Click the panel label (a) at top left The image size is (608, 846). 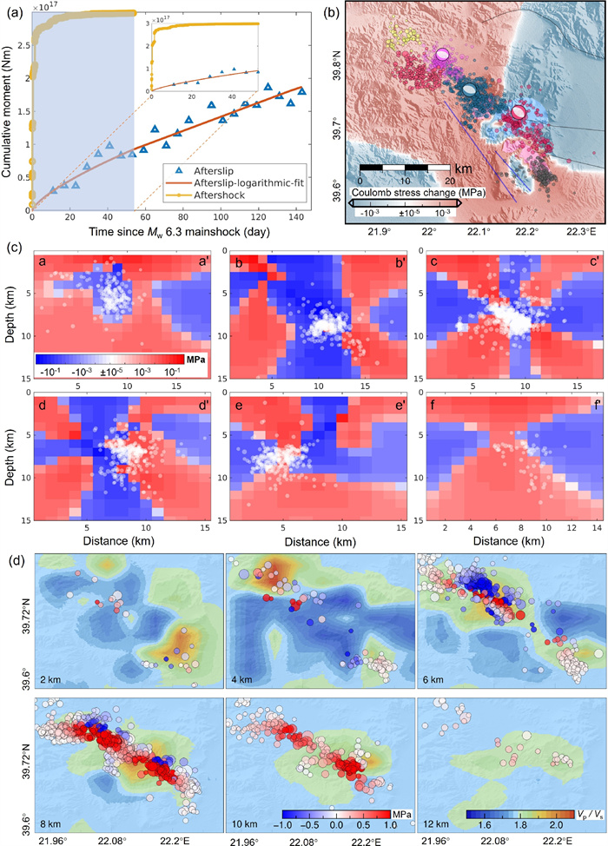point(12,11)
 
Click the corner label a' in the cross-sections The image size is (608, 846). point(191,261)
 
